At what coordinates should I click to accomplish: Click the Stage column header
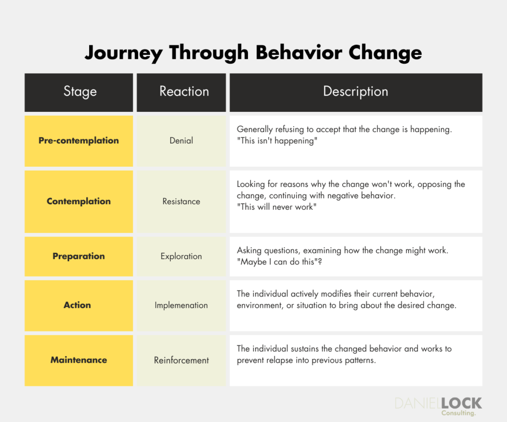[79, 92]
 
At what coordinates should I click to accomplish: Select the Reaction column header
[184, 92]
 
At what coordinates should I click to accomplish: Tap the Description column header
[355, 92]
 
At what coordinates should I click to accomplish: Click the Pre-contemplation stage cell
[79, 141]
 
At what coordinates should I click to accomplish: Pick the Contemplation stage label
[79, 201]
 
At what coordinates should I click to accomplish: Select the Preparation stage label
[79, 256]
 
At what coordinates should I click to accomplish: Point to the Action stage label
[77, 305]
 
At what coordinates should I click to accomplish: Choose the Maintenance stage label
[79, 360]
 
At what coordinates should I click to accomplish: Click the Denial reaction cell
[181, 141]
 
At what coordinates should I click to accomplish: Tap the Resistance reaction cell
[181, 202]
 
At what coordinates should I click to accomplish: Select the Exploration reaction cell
[181, 257]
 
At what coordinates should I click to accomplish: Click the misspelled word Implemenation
[181, 306]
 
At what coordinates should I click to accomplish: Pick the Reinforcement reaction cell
[181, 361]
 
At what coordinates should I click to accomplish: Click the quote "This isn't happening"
[276, 141]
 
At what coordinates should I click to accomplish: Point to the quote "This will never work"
[277, 207]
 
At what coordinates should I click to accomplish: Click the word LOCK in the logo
[461, 403]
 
